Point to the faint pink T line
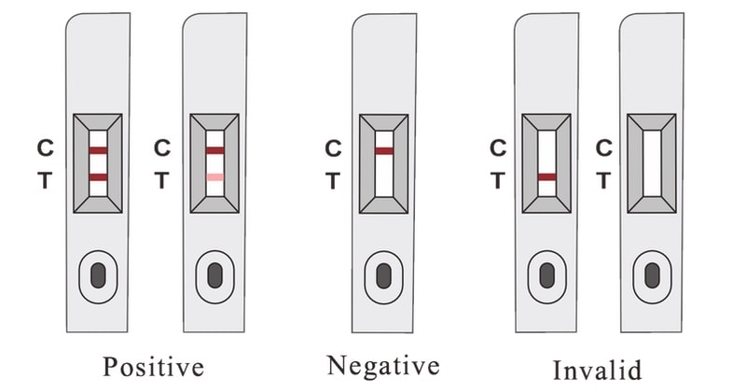[215, 177]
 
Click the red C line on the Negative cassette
[383, 150]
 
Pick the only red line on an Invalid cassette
[547, 176]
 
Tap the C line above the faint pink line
[215, 149]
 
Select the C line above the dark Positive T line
[99, 149]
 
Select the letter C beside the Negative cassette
[333, 147]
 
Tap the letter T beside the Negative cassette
[333, 180]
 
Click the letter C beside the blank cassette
[603, 147]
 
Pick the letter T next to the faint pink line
[161, 180]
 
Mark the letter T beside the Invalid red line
[498, 180]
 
